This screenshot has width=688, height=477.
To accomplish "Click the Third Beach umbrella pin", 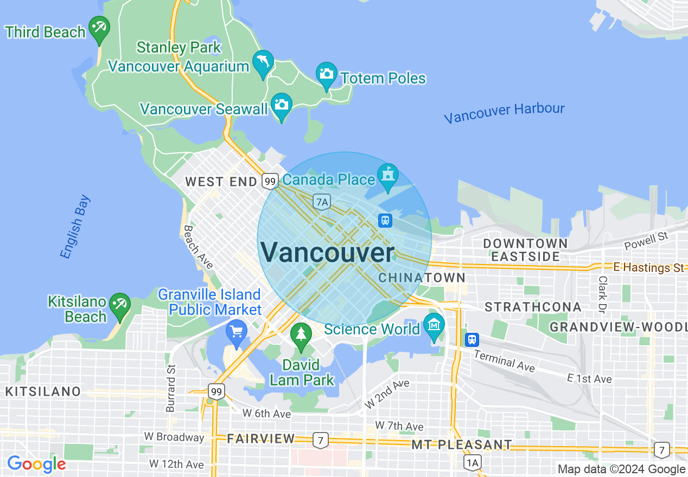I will point(99,28).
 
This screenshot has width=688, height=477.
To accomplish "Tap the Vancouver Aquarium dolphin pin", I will point(263,62).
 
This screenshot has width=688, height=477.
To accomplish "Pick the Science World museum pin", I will point(434,325).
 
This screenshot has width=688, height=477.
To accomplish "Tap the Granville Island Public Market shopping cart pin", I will point(237,331).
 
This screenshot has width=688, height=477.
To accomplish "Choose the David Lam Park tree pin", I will point(301,334).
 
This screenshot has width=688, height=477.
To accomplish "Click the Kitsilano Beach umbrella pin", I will point(119,305).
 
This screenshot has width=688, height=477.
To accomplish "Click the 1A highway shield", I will point(473,462).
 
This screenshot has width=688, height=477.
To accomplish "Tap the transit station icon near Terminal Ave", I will point(472,340).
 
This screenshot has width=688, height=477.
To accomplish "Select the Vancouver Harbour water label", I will point(504,113).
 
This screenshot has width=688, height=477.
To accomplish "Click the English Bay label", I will point(75,227).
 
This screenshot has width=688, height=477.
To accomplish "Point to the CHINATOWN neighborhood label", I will point(422,278).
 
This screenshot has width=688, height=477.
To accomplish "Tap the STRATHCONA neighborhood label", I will point(533,307).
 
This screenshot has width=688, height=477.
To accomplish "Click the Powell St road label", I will point(646,241).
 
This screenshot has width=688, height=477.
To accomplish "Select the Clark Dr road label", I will point(602,294).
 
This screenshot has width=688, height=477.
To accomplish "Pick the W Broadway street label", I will point(174,437).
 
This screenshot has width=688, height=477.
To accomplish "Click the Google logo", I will point(36,464).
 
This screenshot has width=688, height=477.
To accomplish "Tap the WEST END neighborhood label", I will point(221,182).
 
